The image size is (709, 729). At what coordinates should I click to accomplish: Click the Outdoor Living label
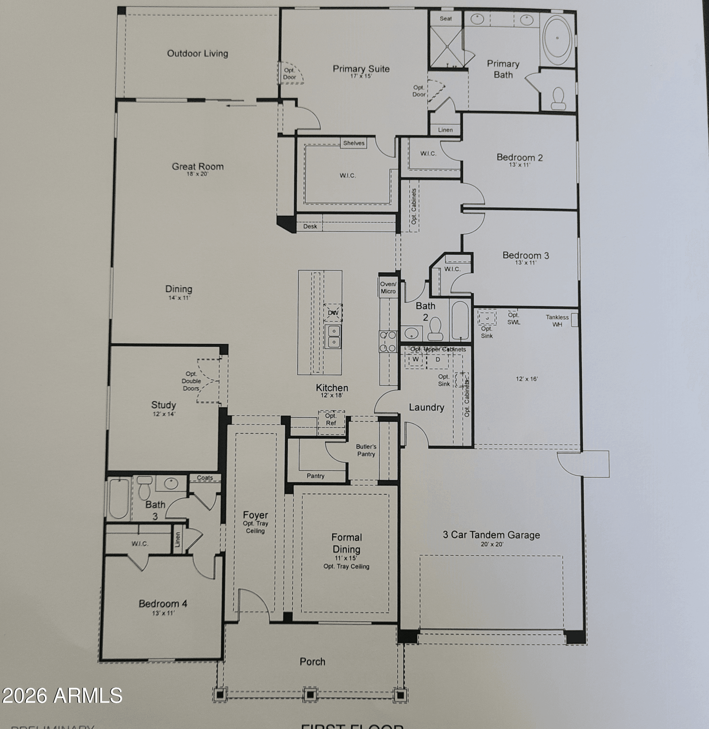[x=197, y=53]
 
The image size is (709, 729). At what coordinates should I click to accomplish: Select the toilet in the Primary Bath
[x=558, y=98]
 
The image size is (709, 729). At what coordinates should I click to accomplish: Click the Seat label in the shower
[x=446, y=19]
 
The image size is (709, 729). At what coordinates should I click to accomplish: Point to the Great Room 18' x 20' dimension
[x=197, y=174]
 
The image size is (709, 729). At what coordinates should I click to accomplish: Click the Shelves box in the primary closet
[x=353, y=143]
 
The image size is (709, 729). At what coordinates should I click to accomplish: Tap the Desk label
[x=310, y=226]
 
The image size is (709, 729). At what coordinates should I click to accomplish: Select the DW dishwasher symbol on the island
[x=333, y=313]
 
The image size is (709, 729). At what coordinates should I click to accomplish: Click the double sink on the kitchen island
[x=333, y=336]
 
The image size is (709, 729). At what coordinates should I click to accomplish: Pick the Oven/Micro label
[x=388, y=288]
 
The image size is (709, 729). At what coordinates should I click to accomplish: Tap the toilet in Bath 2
[x=435, y=329]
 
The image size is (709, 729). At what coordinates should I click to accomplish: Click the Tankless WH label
[x=557, y=321]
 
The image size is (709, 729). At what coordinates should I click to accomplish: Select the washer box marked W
[x=415, y=360]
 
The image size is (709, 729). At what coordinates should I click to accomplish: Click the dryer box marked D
[x=438, y=360]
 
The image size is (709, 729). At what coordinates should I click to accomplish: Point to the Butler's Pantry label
[x=366, y=450]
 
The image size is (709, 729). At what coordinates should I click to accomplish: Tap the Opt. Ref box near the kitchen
[x=331, y=420]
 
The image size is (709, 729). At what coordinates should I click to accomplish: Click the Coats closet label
[x=205, y=477]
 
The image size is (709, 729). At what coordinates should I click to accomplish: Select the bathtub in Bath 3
[x=119, y=499]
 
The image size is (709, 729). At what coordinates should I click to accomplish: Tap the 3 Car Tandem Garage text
[x=491, y=535]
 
